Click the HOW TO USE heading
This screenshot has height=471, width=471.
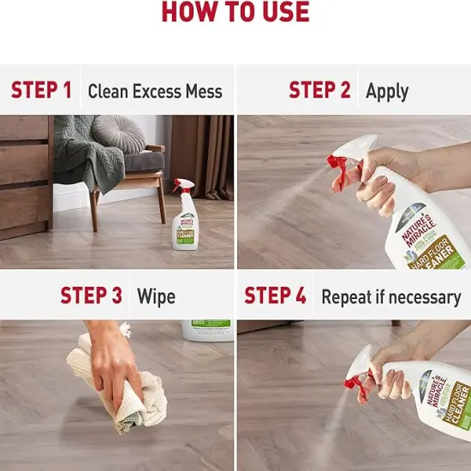235,12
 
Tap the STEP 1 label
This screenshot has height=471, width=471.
41,90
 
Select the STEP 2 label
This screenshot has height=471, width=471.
319,90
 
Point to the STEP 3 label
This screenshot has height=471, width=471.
91,295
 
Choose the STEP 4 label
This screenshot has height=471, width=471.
275,295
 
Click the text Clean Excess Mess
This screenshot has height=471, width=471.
155,91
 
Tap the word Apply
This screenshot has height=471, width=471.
387,91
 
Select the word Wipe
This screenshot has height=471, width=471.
156,296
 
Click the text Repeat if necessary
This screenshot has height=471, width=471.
391,297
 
